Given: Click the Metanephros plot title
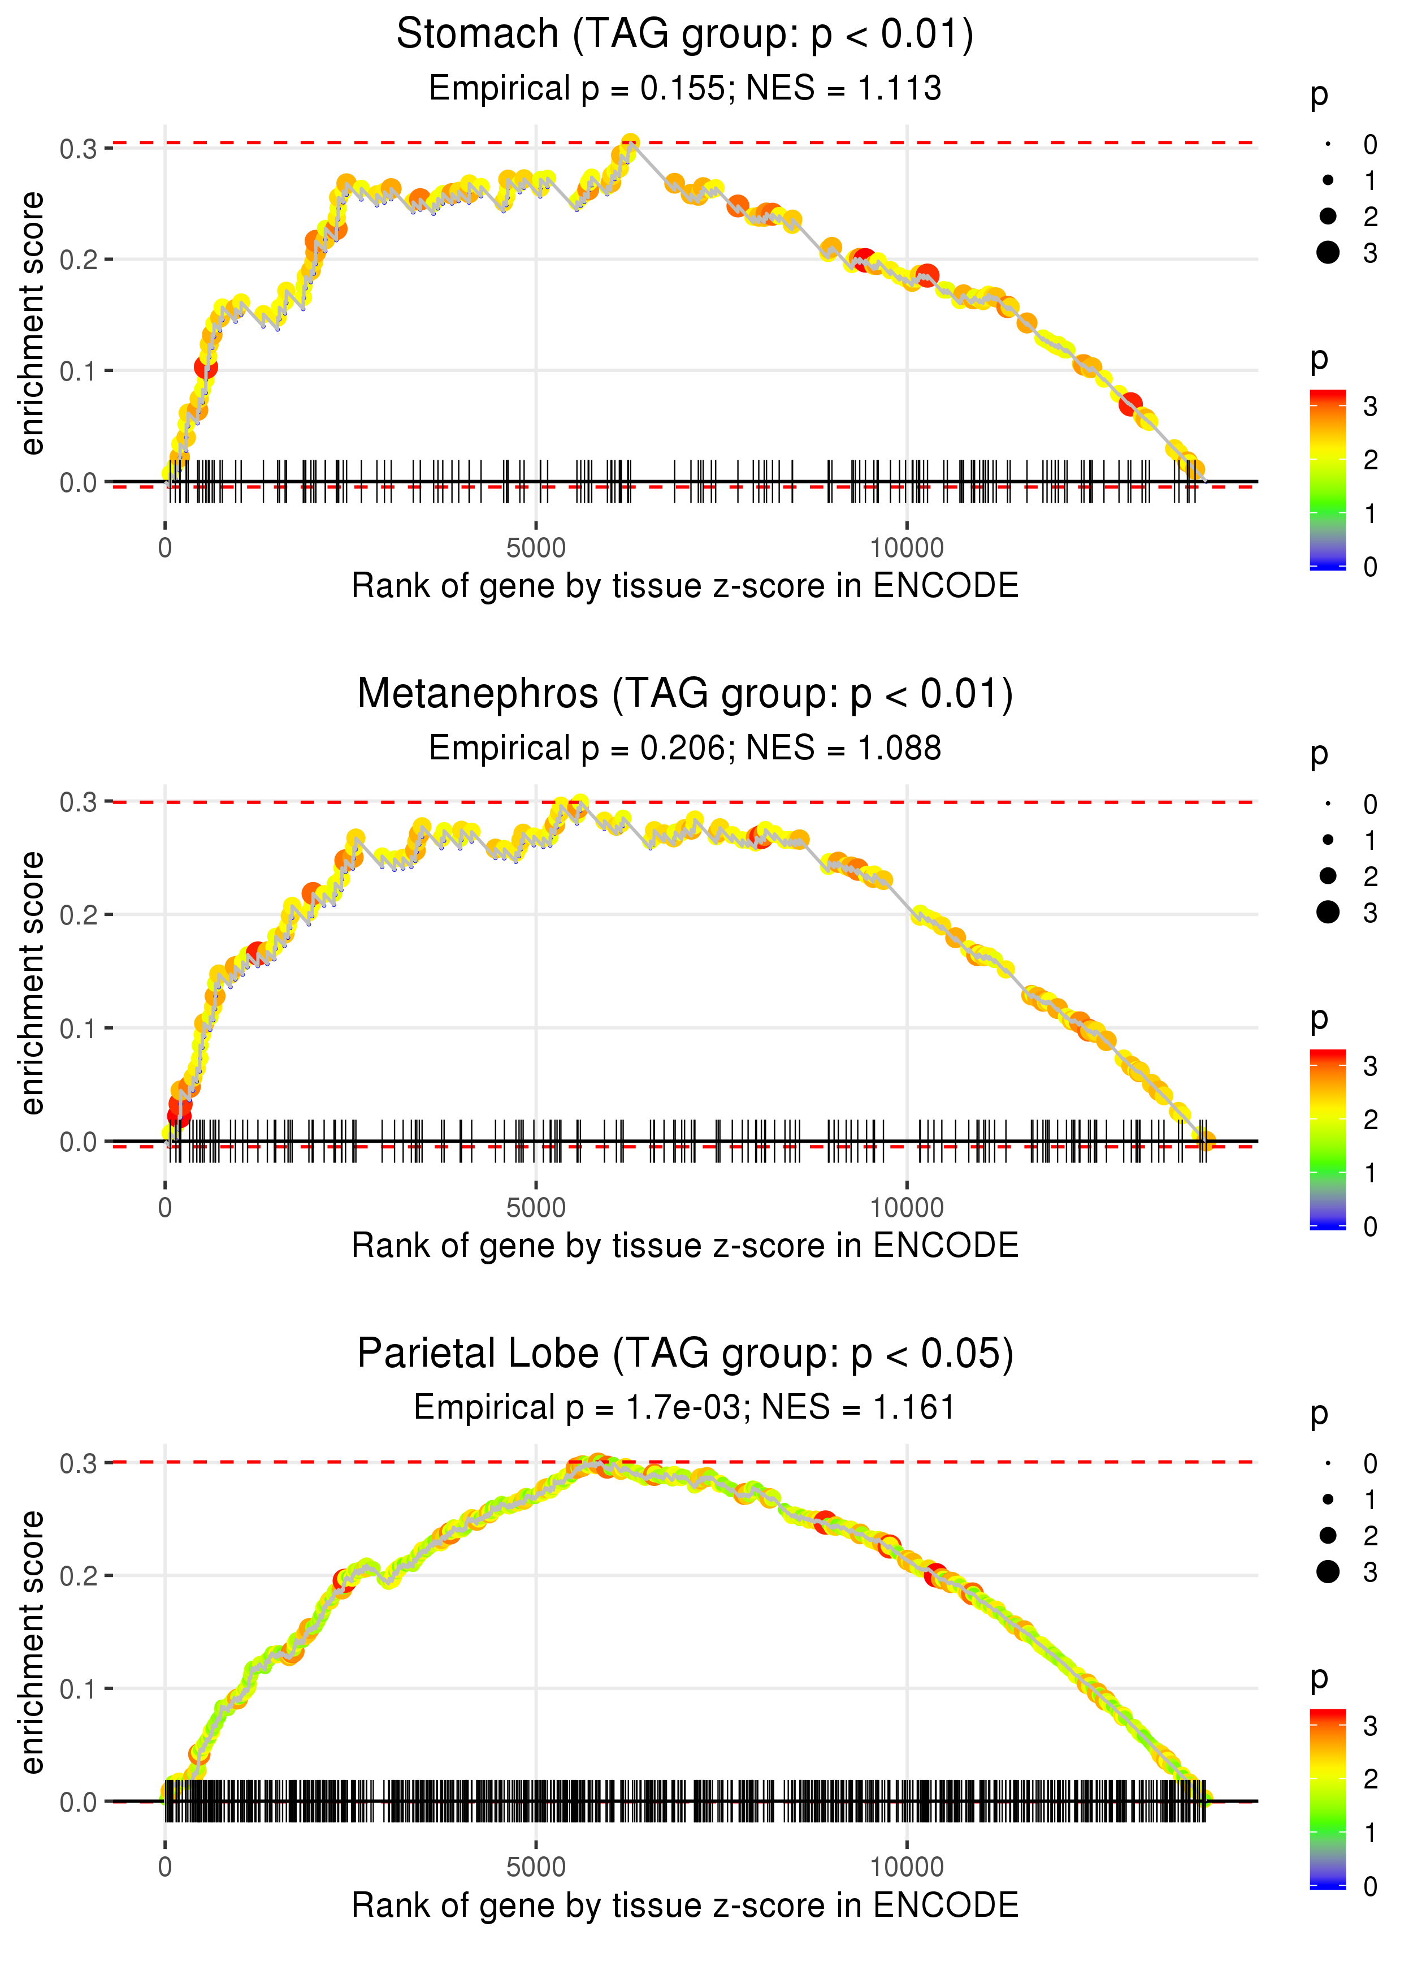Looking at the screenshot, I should tap(685, 694).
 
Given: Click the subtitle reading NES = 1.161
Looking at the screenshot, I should tap(685, 1408).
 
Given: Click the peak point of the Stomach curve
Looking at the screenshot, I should tap(631, 142).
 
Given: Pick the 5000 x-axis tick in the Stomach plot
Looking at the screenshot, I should tap(536, 548).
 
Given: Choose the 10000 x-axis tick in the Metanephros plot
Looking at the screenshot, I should tap(907, 1208).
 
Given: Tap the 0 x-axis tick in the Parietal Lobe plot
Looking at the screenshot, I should tap(165, 1868).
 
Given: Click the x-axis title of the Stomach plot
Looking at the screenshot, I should tap(685, 586).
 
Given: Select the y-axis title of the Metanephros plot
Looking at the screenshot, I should tap(32, 983).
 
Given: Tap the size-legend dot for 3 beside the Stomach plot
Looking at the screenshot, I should tap(1328, 252).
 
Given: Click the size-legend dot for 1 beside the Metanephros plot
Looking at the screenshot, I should tap(1328, 840).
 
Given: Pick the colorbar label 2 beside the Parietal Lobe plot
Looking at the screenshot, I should tap(1371, 1780).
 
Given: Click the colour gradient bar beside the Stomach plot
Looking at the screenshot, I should tap(1328, 479).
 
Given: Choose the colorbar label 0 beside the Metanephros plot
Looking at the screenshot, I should tap(1371, 1227).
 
